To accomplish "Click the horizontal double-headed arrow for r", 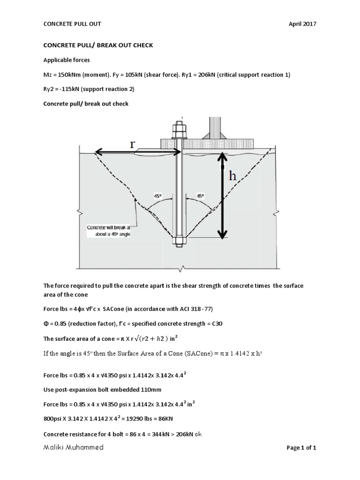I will [138, 152].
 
